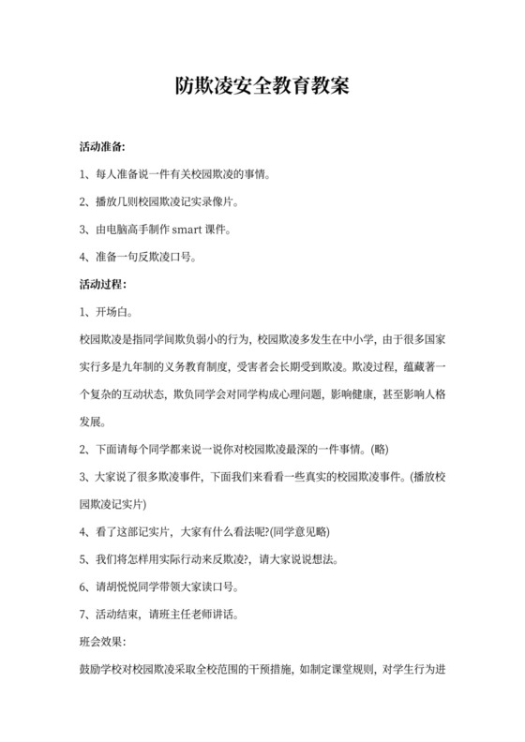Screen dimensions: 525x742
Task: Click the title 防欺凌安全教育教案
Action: pyautogui.click(x=262, y=87)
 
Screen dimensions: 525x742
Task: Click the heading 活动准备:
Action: pyautogui.click(x=103, y=148)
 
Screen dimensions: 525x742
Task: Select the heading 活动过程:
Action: pyautogui.click(x=103, y=284)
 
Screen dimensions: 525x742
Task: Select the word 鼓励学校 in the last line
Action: pyautogui.click(x=103, y=671)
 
